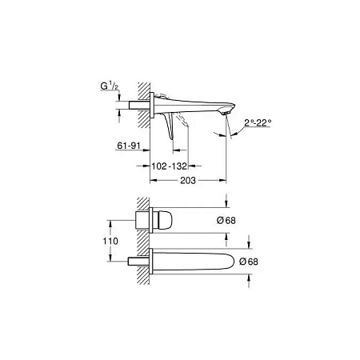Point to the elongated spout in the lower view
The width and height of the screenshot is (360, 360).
(200, 260)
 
